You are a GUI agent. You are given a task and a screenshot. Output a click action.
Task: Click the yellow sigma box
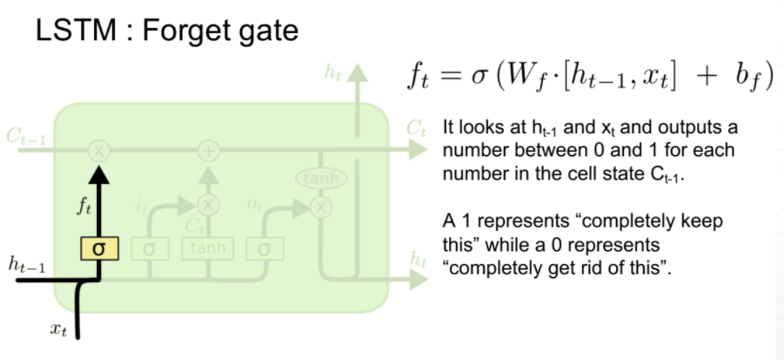click(99, 247)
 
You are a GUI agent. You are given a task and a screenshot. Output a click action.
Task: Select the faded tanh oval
click(321, 178)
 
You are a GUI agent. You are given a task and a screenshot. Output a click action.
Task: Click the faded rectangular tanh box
click(207, 247)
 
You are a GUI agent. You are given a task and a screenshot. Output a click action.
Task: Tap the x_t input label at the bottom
click(58, 329)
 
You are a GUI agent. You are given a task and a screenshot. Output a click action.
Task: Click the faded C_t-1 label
click(26, 136)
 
